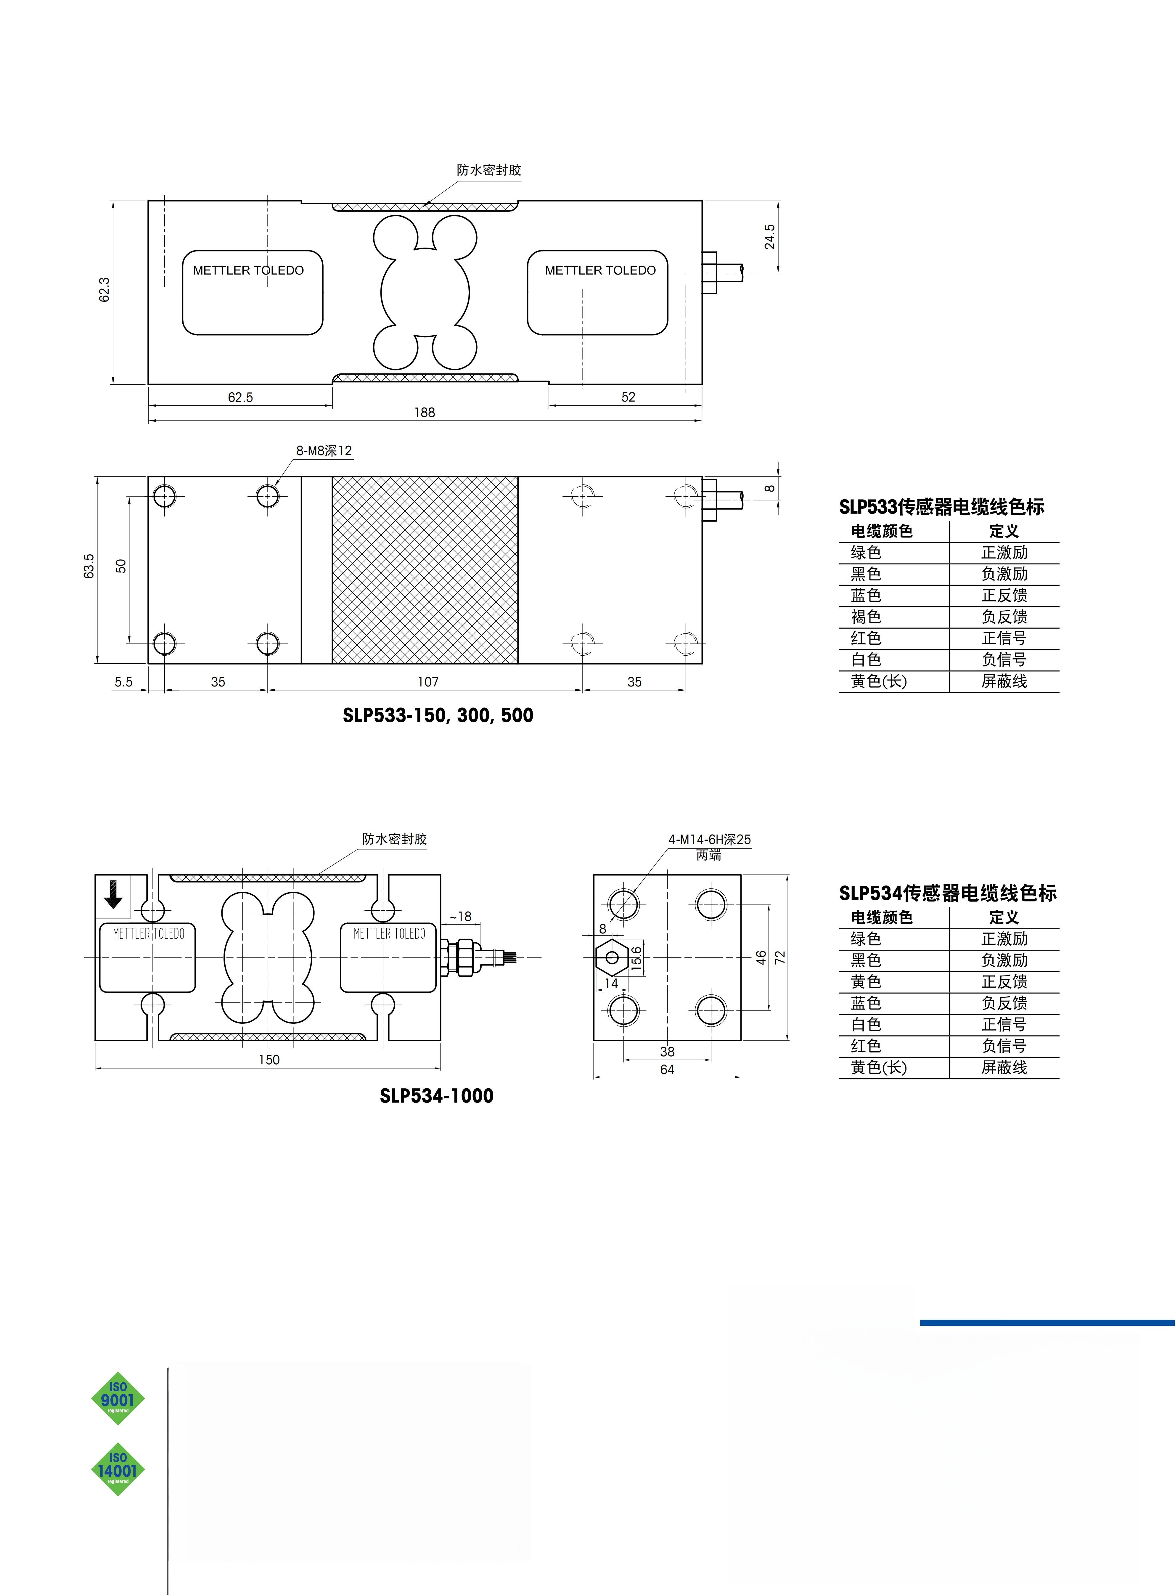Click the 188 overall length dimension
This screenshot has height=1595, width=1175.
425,413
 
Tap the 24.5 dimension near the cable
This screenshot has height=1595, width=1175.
770,237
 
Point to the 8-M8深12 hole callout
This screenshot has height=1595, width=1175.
324,451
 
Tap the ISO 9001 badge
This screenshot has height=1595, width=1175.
118,1399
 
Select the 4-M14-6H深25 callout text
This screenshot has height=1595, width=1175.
709,840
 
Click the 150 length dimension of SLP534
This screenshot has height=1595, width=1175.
269,1060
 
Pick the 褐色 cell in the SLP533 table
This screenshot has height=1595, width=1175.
866,617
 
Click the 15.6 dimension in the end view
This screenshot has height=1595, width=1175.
636,957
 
